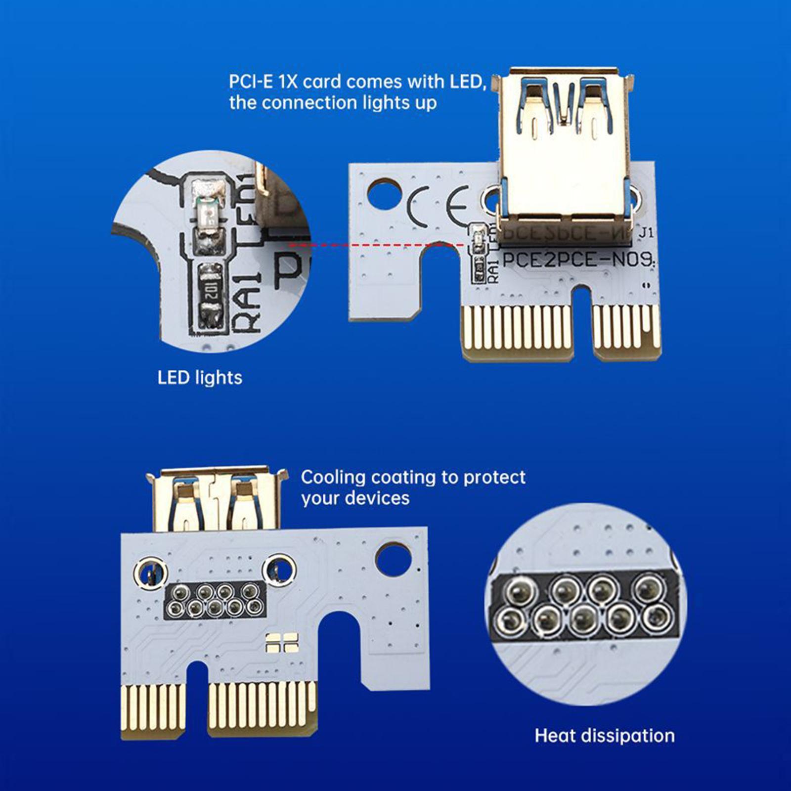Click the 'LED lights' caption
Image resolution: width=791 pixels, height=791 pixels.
(x=200, y=378)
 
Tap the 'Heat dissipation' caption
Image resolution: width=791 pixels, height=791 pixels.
(x=604, y=736)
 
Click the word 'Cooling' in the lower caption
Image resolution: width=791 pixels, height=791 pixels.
(x=334, y=478)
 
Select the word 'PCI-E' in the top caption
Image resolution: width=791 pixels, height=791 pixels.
(x=249, y=81)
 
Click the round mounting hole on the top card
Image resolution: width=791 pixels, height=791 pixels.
(x=385, y=193)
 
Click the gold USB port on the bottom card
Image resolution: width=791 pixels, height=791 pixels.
(x=218, y=499)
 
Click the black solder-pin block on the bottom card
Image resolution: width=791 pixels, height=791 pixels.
(x=215, y=599)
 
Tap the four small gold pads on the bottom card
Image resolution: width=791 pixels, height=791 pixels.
(x=281, y=641)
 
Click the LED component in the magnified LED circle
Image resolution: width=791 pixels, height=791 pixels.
(x=208, y=215)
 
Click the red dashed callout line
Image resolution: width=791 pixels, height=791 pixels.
(x=376, y=244)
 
